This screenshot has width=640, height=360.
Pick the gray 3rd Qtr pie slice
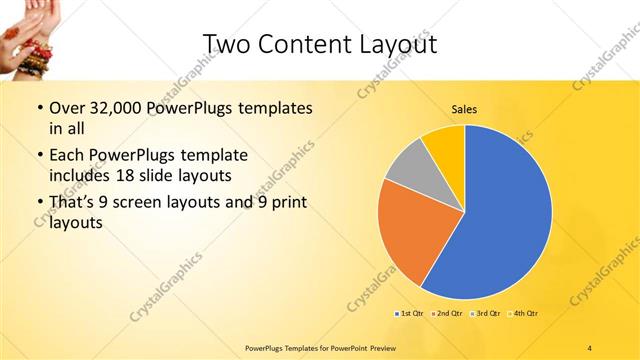point(408,166)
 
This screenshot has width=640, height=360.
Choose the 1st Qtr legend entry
point(409,314)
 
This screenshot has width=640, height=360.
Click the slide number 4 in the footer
point(590,347)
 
